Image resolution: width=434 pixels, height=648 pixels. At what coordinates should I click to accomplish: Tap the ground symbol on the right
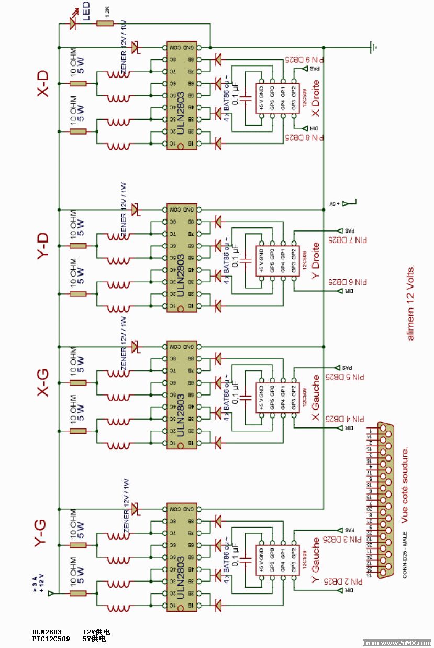pos(373,47)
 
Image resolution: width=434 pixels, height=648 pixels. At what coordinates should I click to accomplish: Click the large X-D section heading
pos(44,84)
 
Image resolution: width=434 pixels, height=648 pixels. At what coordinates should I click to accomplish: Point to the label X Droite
pos(315,100)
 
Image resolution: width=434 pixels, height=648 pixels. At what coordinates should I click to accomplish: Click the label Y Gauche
pos(316,561)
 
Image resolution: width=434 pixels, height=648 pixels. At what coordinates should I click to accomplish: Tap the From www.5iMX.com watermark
pos(397,643)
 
